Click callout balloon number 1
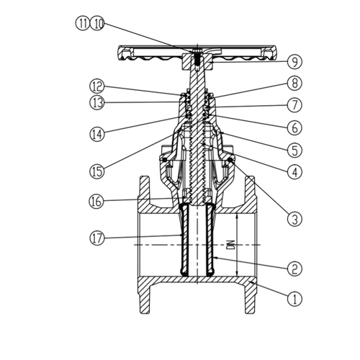click(x=294, y=299)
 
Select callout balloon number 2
click(x=294, y=268)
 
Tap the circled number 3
click(x=294, y=219)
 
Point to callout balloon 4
click(x=294, y=172)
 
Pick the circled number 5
click(x=294, y=150)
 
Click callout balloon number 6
click(x=294, y=127)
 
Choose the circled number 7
click(x=294, y=105)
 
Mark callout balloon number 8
click(x=294, y=84)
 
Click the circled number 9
click(x=294, y=62)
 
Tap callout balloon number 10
click(x=97, y=24)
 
